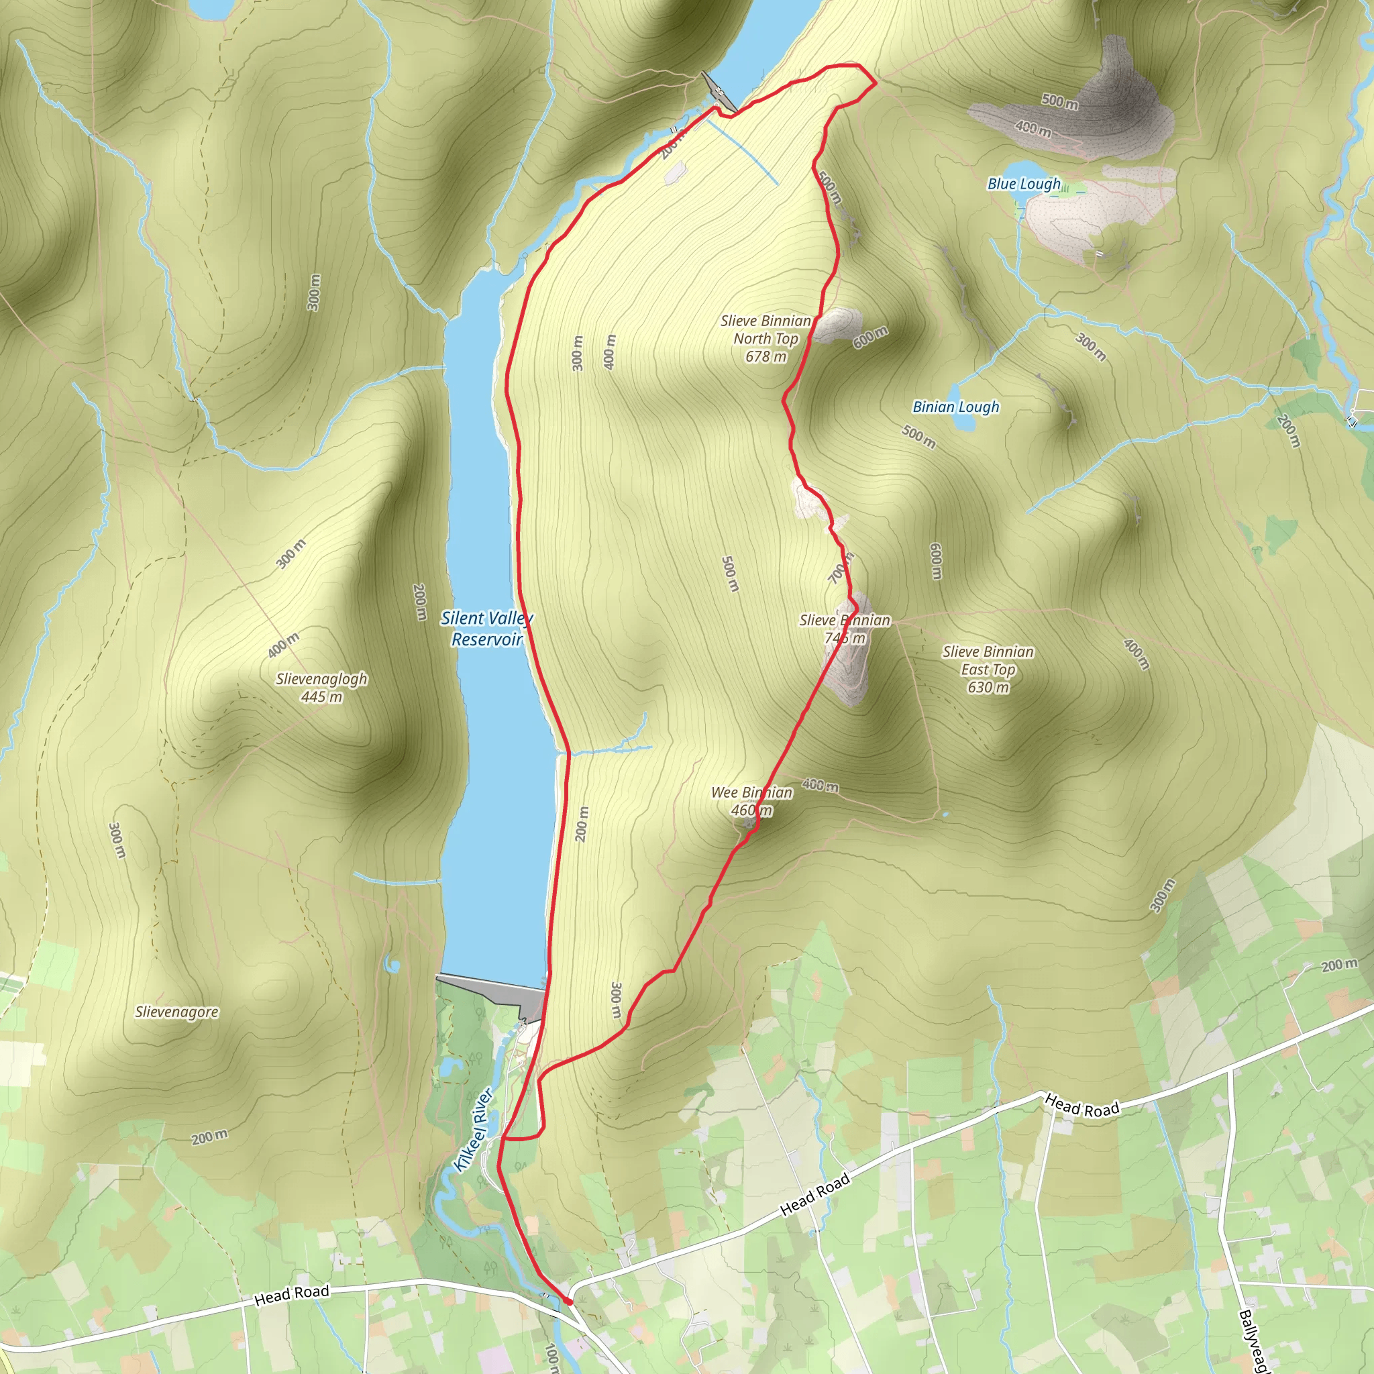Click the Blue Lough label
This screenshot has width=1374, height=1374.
pos(1023,184)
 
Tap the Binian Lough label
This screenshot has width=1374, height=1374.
pos(956,407)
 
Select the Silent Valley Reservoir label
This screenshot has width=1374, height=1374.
pos(486,629)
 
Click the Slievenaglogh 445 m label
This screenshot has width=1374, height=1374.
pos(321,687)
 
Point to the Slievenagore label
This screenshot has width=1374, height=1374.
pos(177,1011)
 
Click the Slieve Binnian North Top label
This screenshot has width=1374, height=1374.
pos(765,330)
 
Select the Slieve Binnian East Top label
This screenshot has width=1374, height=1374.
pos(988,661)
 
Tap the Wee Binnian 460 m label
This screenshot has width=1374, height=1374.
pos(751,801)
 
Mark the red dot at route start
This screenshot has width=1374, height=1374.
pos(568,1301)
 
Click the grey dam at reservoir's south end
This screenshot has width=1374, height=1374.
pos(490,992)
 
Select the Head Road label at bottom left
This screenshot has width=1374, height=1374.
pos(292,1295)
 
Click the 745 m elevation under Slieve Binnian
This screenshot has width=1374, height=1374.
pos(845,638)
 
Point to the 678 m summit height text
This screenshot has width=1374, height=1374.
pos(766,356)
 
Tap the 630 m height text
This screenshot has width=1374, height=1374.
pos(988,687)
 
